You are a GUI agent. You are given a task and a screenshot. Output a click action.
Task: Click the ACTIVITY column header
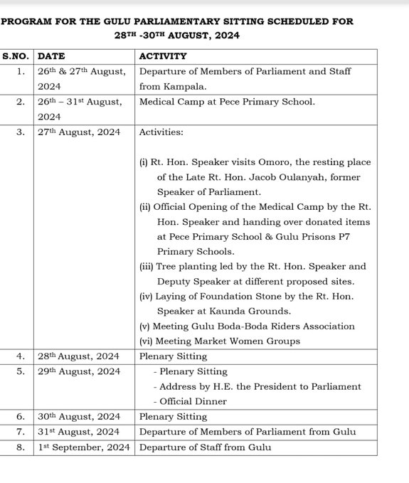pos(163,56)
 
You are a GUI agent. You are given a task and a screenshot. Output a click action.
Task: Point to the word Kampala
pos(182,86)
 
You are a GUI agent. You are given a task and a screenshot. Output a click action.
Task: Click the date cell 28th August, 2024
pos(78,356)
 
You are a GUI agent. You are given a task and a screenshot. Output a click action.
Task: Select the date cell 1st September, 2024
pos(83,447)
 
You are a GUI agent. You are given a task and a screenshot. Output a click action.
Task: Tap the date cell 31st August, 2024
pos(78,432)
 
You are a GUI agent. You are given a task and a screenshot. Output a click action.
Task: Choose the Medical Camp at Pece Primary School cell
pos(227,102)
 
